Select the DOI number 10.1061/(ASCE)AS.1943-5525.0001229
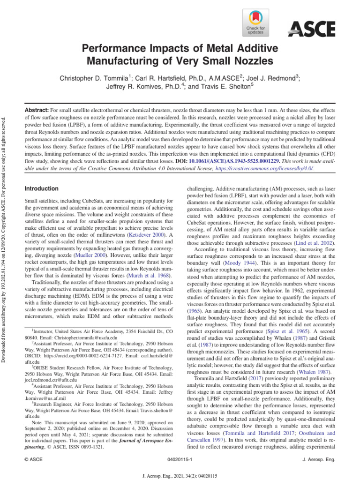coord(241,160)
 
